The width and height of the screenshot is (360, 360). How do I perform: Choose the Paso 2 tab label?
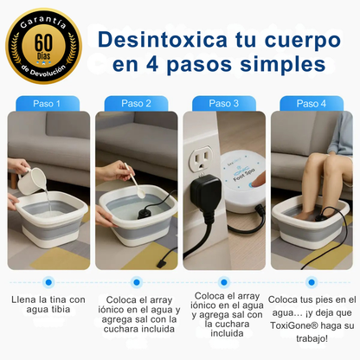(136, 103)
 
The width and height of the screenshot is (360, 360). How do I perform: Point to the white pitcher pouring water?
(31, 177)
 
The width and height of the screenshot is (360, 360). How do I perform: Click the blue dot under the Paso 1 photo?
(48, 281)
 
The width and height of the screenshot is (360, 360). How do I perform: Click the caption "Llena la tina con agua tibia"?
(48, 305)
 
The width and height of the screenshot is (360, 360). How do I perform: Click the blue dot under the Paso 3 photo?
(224, 281)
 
